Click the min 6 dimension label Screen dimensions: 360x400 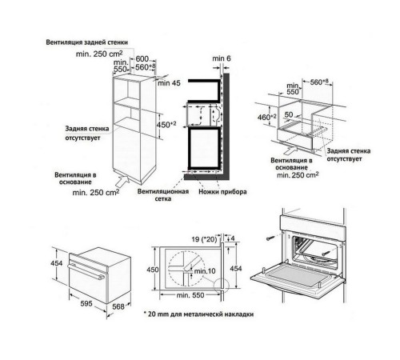click(x=221, y=58)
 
